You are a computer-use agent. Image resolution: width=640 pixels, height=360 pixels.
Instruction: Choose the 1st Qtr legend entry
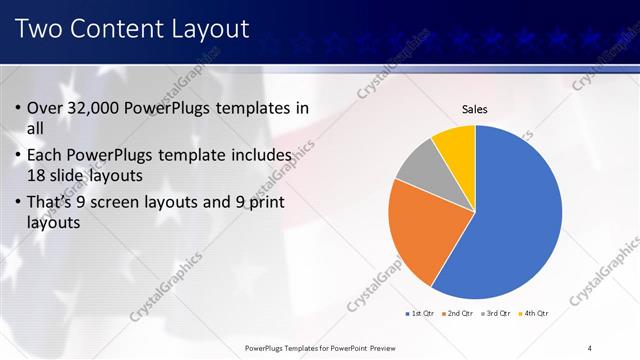pyautogui.click(x=420, y=314)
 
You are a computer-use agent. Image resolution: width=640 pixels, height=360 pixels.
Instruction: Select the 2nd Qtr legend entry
pyautogui.click(x=459, y=314)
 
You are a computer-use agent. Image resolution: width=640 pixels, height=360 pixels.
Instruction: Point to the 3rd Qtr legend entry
pyautogui.click(x=498, y=314)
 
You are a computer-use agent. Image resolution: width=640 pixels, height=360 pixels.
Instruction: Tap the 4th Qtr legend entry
pyautogui.click(x=536, y=314)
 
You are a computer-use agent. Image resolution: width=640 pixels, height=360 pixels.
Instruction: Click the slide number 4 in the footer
pyautogui.click(x=589, y=347)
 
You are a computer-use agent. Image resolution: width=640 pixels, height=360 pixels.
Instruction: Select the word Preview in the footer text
pyautogui.click(x=380, y=347)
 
